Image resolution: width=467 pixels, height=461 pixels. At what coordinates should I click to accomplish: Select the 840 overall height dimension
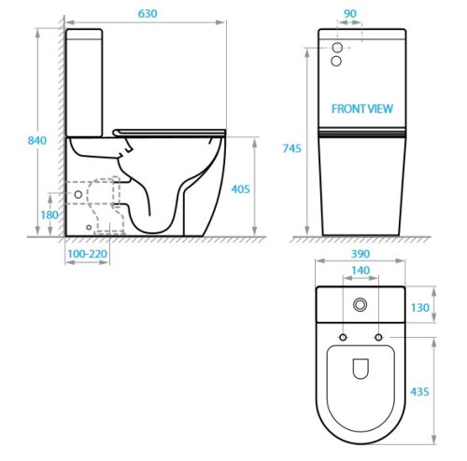(36, 140)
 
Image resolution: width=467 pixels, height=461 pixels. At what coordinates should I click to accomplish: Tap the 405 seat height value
(242, 189)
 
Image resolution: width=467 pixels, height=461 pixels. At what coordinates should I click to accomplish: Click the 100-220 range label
(87, 253)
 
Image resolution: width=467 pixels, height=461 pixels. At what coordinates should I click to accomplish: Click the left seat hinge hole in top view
(343, 335)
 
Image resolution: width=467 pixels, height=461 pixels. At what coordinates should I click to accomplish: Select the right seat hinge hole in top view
(378, 335)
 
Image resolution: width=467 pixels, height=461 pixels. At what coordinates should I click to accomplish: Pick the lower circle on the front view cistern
(337, 62)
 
